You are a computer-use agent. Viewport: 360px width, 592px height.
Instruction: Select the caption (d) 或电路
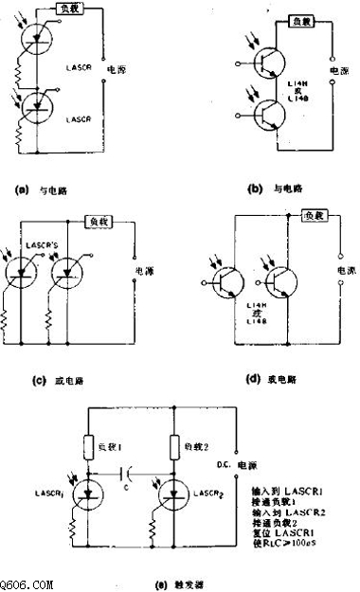point(271,380)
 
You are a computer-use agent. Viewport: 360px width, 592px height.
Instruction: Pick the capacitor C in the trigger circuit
point(130,470)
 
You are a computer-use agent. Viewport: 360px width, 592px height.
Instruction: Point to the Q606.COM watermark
point(27,585)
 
